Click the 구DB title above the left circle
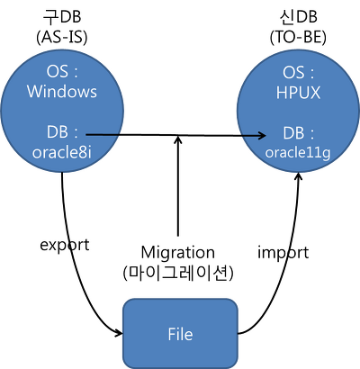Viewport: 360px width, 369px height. pos(61,17)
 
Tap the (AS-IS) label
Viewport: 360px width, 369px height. pos(62,38)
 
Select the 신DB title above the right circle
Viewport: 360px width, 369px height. pos(298,17)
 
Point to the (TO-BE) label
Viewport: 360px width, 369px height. pos(298,38)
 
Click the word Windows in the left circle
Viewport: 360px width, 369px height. pos(62,92)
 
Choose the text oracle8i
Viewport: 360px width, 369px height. pos(62,153)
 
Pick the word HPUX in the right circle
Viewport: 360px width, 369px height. pos(298,93)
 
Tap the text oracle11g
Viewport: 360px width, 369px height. pos(298,153)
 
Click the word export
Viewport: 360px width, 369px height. pos(65,245)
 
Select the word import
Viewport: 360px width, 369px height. pos(283,252)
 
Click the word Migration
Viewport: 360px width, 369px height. pos(178,253)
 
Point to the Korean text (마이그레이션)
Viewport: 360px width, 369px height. pos(178,273)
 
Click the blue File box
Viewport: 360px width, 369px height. pos(181,334)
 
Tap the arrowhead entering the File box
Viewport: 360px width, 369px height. pos(118,332)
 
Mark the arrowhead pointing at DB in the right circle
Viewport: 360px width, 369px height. pos(262,136)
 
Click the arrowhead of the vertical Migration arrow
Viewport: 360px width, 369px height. pos(178,139)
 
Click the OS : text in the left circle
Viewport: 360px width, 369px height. pos(62,72)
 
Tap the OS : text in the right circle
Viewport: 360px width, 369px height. pos(298,73)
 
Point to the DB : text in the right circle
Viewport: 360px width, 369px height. pos(299,133)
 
